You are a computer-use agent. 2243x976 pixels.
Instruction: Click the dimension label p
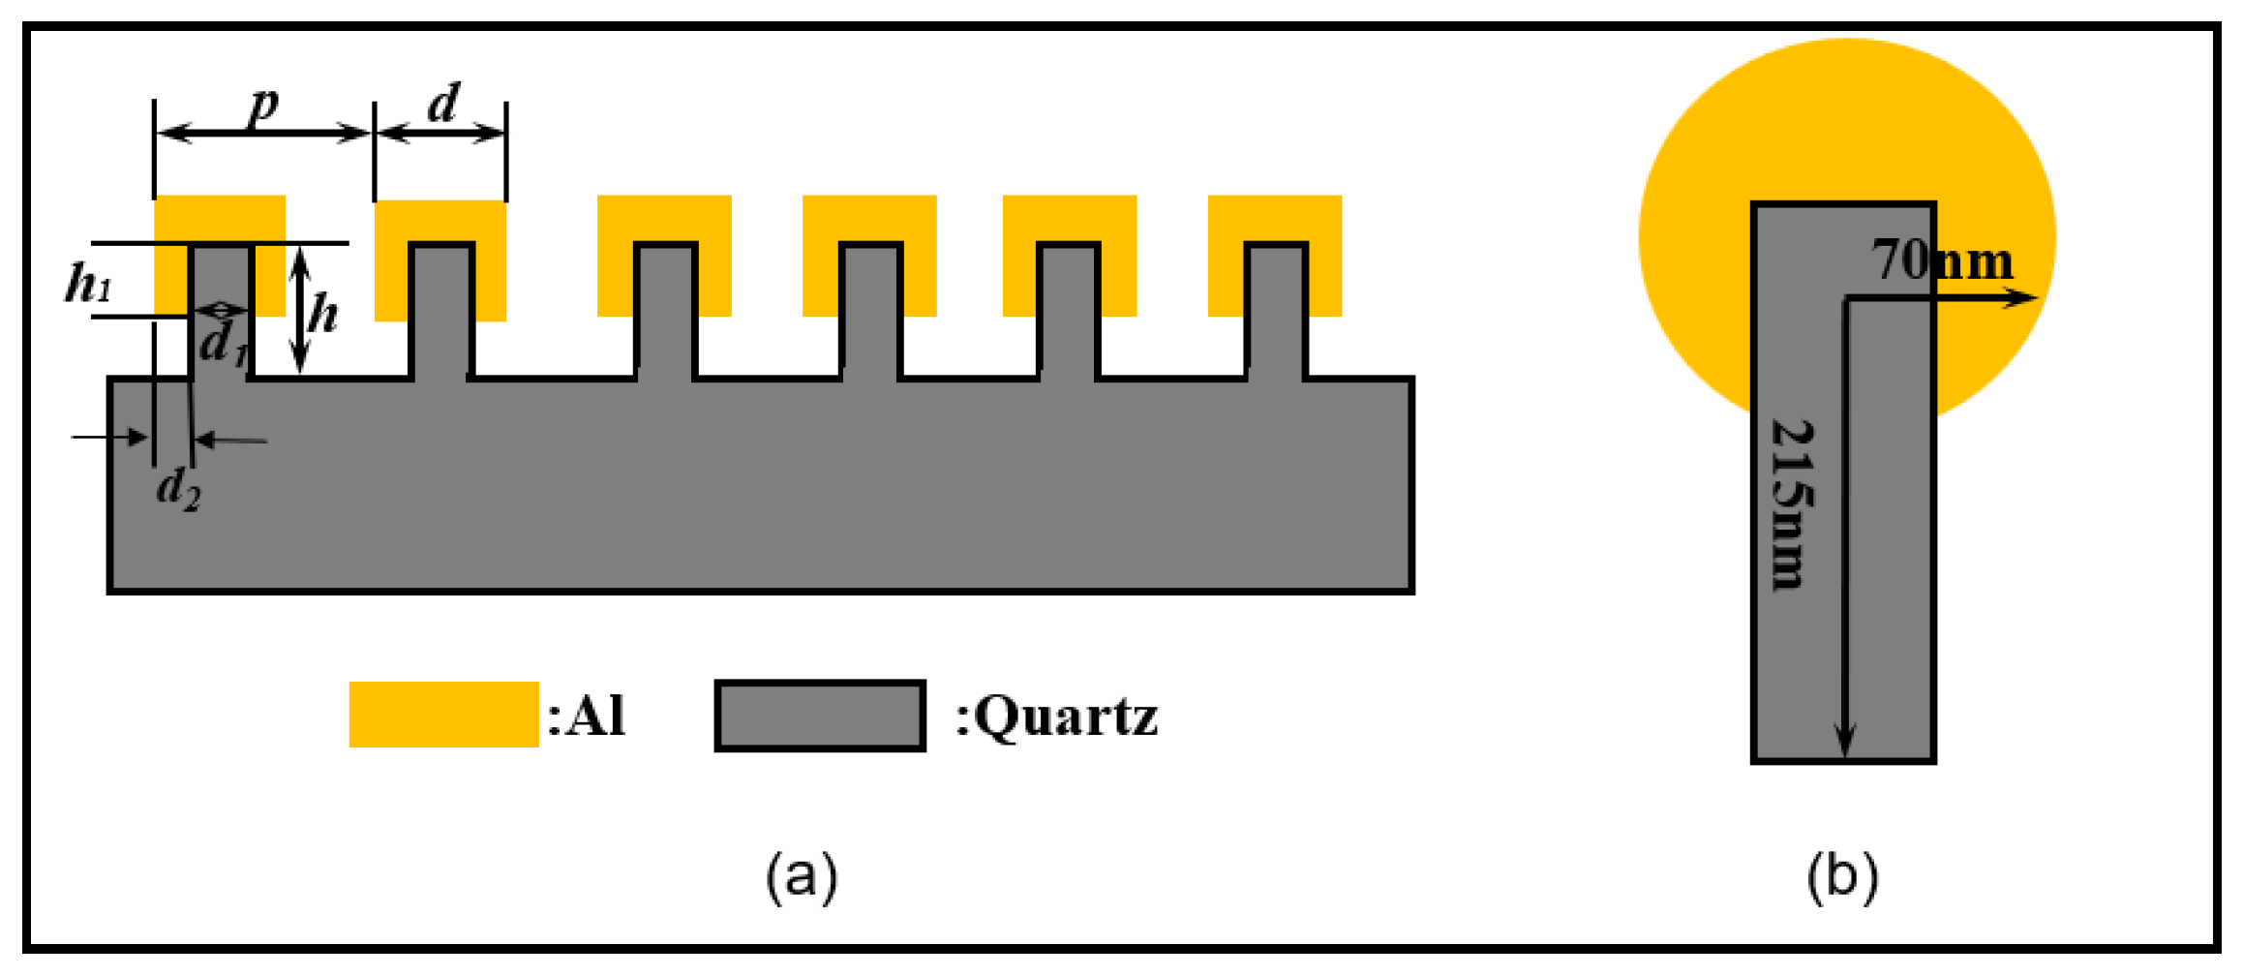point(263,105)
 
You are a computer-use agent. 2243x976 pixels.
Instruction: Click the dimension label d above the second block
point(442,102)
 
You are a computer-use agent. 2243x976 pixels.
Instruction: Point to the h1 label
point(88,284)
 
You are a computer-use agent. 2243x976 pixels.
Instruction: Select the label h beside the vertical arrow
point(322,313)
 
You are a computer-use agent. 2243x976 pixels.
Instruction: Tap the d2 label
point(178,487)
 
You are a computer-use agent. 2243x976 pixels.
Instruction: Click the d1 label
point(223,342)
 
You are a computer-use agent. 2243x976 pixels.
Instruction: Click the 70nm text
point(1941,259)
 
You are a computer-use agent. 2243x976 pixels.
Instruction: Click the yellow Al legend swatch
point(443,715)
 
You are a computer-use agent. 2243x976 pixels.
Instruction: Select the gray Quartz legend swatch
point(820,716)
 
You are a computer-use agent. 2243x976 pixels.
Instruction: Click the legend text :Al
point(587,717)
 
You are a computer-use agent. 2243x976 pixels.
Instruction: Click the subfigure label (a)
point(801,876)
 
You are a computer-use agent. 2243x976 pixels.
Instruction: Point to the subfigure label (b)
point(1842,876)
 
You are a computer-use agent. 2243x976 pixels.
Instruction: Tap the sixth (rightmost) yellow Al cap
point(1274,219)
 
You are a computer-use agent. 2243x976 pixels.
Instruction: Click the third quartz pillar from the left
point(665,310)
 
